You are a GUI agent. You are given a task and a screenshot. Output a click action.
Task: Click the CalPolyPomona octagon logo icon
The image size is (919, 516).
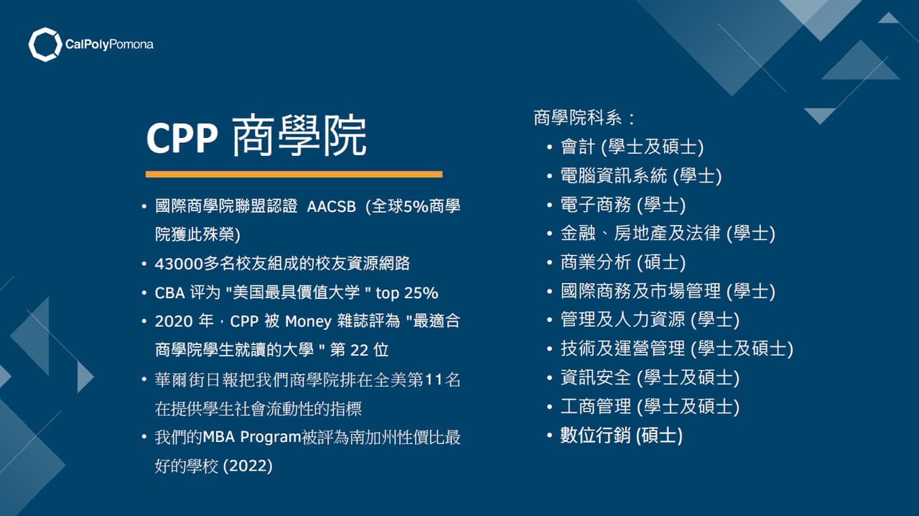pos(45,45)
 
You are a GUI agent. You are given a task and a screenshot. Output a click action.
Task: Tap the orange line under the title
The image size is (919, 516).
pos(294,174)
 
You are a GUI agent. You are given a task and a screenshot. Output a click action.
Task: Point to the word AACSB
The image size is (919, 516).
pos(332,206)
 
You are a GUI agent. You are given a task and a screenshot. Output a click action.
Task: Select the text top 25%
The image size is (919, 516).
pos(408,292)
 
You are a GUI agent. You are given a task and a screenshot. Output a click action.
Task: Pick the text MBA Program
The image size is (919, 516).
pos(248,437)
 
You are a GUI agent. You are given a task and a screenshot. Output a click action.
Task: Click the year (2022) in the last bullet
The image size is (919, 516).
pos(248,466)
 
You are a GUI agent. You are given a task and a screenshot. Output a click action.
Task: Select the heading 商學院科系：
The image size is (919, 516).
pos(584,117)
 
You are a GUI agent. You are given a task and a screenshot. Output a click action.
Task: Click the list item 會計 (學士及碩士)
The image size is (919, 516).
pos(632,147)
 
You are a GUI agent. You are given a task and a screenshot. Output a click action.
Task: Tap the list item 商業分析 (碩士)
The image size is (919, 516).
pos(623,262)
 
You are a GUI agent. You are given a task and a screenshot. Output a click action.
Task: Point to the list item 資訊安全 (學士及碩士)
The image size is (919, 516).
pos(650,377)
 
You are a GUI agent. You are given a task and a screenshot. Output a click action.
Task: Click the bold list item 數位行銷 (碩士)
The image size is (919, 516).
pos(622,436)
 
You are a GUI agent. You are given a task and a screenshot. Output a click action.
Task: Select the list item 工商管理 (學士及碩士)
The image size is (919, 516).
pos(650,407)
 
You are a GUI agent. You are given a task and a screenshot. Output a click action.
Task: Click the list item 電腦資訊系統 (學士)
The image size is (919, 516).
pos(641,175)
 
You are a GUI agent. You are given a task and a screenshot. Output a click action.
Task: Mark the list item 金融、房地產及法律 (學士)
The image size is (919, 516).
pos(668,234)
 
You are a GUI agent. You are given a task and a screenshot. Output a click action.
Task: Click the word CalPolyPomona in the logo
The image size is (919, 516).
pos(109,45)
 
